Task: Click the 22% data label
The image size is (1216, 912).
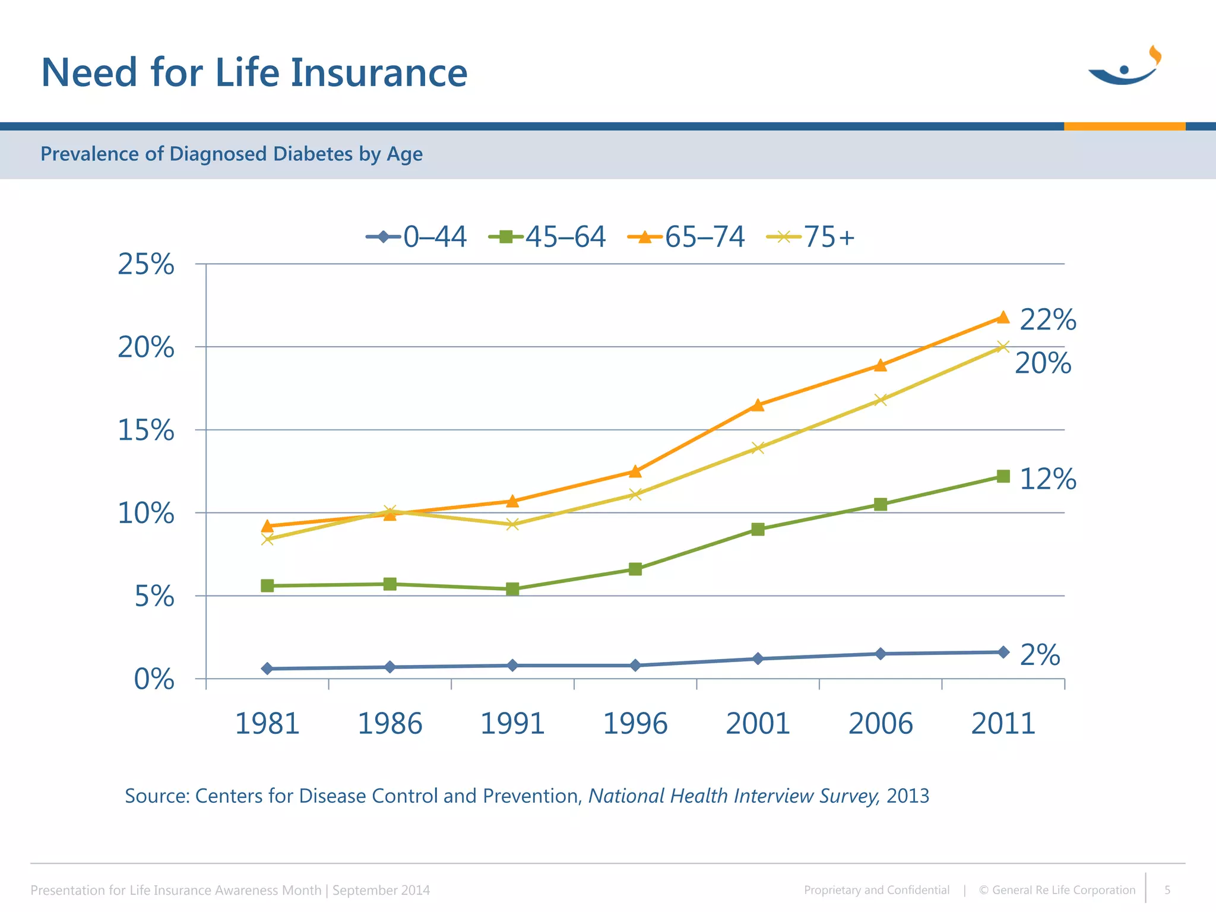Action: click(1047, 320)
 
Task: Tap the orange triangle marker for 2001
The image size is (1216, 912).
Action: click(758, 405)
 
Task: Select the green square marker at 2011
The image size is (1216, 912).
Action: click(1003, 476)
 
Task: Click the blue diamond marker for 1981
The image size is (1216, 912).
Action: click(267, 669)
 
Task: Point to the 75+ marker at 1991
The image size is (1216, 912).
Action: click(512, 524)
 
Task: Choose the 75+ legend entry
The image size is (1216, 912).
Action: click(811, 237)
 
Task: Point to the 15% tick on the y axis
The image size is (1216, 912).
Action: click(146, 430)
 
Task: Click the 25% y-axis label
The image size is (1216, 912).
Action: click(146, 264)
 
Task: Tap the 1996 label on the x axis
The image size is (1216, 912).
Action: click(635, 724)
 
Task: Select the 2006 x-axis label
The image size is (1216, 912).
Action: click(880, 724)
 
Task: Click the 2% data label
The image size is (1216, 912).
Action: click(1040, 655)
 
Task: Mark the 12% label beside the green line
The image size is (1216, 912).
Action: click(1047, 479)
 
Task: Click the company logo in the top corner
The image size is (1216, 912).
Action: click(1125, 66)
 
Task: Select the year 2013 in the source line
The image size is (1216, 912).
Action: click(907, 796)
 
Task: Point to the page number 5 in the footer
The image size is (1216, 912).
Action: click(1167, 890)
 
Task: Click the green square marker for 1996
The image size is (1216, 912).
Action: click(635, 569)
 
